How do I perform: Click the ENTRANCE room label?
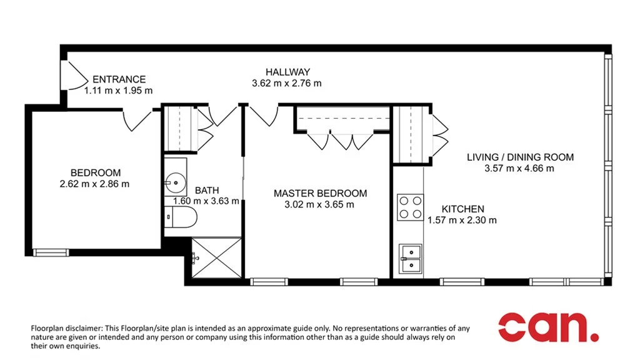click(x=119, y=79)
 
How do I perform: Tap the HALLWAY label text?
click(x=287, y=72)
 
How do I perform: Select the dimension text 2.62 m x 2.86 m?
click(x=94, y=184)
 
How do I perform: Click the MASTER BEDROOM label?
click(x=320, y=193)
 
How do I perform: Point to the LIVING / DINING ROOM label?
click(x=520, y=157)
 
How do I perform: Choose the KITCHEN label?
click(x=462, y=209)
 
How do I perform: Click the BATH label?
click(x=207, y=190)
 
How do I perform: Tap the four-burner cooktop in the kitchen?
click(x=410, y=207)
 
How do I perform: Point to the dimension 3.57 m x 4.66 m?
click(x=519, y=168)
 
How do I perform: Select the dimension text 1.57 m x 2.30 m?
click(x=462, y=220)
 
